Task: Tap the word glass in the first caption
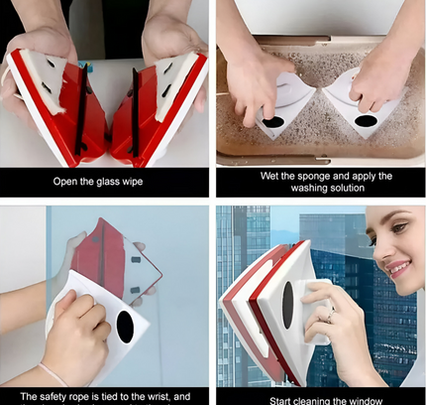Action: click(126, 182)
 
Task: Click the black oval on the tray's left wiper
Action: click(272, 122)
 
